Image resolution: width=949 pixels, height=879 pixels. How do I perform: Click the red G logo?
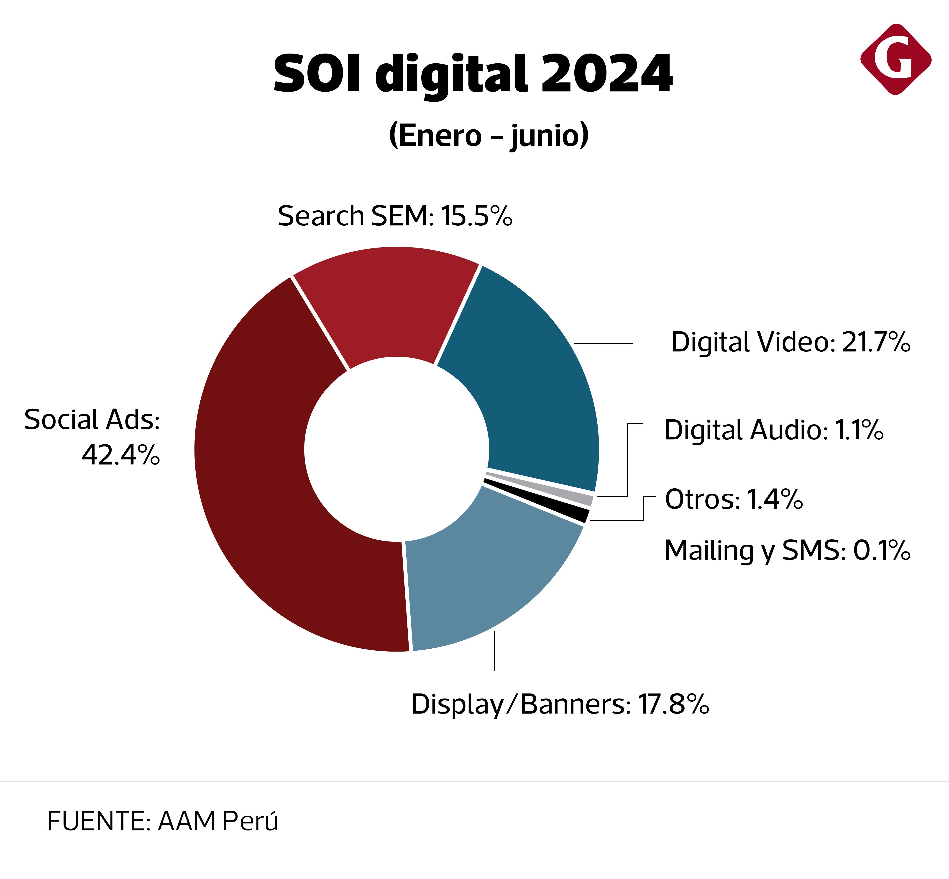pyautogui.click(x=895, y=59)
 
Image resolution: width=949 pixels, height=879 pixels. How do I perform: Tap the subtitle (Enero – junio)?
pyautogui.click(x=489, y=136)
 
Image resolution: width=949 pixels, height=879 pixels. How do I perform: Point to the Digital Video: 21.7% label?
pyautogui.click(x=790, y=343)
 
